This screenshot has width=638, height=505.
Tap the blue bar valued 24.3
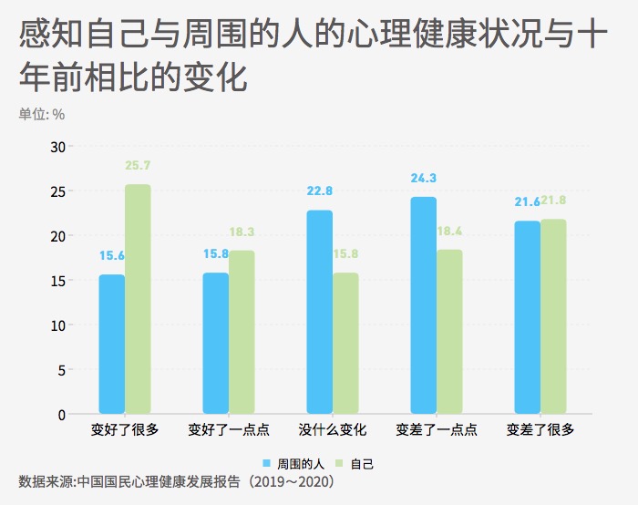[x=423, y=305]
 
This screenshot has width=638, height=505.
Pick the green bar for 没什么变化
[x=345, y=344]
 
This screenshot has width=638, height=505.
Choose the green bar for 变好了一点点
[x=242, y=332]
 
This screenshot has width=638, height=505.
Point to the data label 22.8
[x=320, y=191]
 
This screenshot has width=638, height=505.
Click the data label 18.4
[x=449, y=232]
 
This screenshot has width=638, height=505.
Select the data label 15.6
[x=112, y=256]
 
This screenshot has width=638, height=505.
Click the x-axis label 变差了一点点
[x=437, y=429]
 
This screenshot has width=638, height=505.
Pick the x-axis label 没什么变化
[x=333, y=429]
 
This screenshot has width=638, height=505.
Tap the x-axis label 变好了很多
[x=125, y=429]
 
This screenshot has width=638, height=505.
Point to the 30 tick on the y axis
[x=57, y=147]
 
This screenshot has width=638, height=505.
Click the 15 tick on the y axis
[x=57, y=281]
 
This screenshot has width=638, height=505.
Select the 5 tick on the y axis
[x=61, y=370]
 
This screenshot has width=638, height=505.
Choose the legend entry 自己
[x=355, y=463]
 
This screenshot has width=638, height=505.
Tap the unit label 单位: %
[x=42, y=115]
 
